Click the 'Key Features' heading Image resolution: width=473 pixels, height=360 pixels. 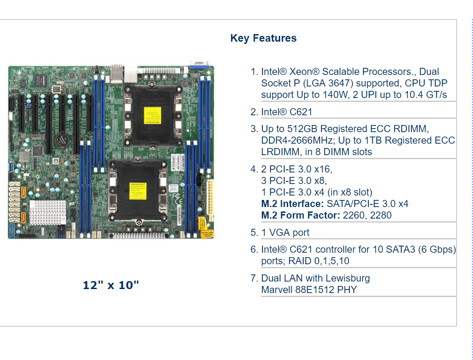263,38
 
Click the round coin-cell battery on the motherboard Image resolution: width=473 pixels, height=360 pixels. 61,141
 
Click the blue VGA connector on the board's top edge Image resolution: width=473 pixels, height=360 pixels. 199,67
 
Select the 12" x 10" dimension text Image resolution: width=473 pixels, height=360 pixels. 111,285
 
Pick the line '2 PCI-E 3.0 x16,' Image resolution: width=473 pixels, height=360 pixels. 297,169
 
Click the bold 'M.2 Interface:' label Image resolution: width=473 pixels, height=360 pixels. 293,203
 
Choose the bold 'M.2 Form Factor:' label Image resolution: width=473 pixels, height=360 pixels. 301,215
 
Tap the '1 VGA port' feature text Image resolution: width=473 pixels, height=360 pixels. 285,232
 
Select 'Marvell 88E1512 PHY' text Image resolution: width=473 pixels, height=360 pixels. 309,290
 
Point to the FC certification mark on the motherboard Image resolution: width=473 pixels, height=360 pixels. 176,195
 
